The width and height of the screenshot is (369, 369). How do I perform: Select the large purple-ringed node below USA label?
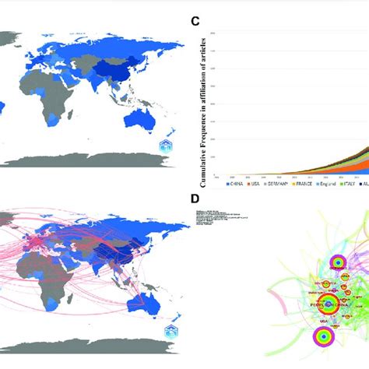pos(320,336)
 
